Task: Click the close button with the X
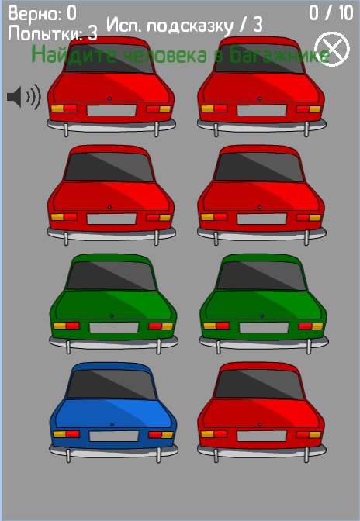(x=332, y=49)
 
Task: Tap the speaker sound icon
(x=24, y=97)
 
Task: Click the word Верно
(x=35, y=14)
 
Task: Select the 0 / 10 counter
(x=331, y=13)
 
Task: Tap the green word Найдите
(x=74, y=54)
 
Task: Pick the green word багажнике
(x=279, y=55)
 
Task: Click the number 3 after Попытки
(x=92, y=33)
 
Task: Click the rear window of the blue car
(x=112, y=384)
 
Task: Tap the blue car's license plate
(x=114, y=436)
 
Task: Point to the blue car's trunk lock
(x=112, y=424)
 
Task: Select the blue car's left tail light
(x=66, y=434)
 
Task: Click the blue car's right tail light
(x=161, y=434)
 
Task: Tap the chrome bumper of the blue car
(x=113, y=451)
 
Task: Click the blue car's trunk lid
(x=113, y=413)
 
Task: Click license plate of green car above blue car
(x=114, y=327)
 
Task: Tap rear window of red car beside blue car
(x=259, y=384)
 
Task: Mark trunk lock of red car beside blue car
(x=260, y=424)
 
